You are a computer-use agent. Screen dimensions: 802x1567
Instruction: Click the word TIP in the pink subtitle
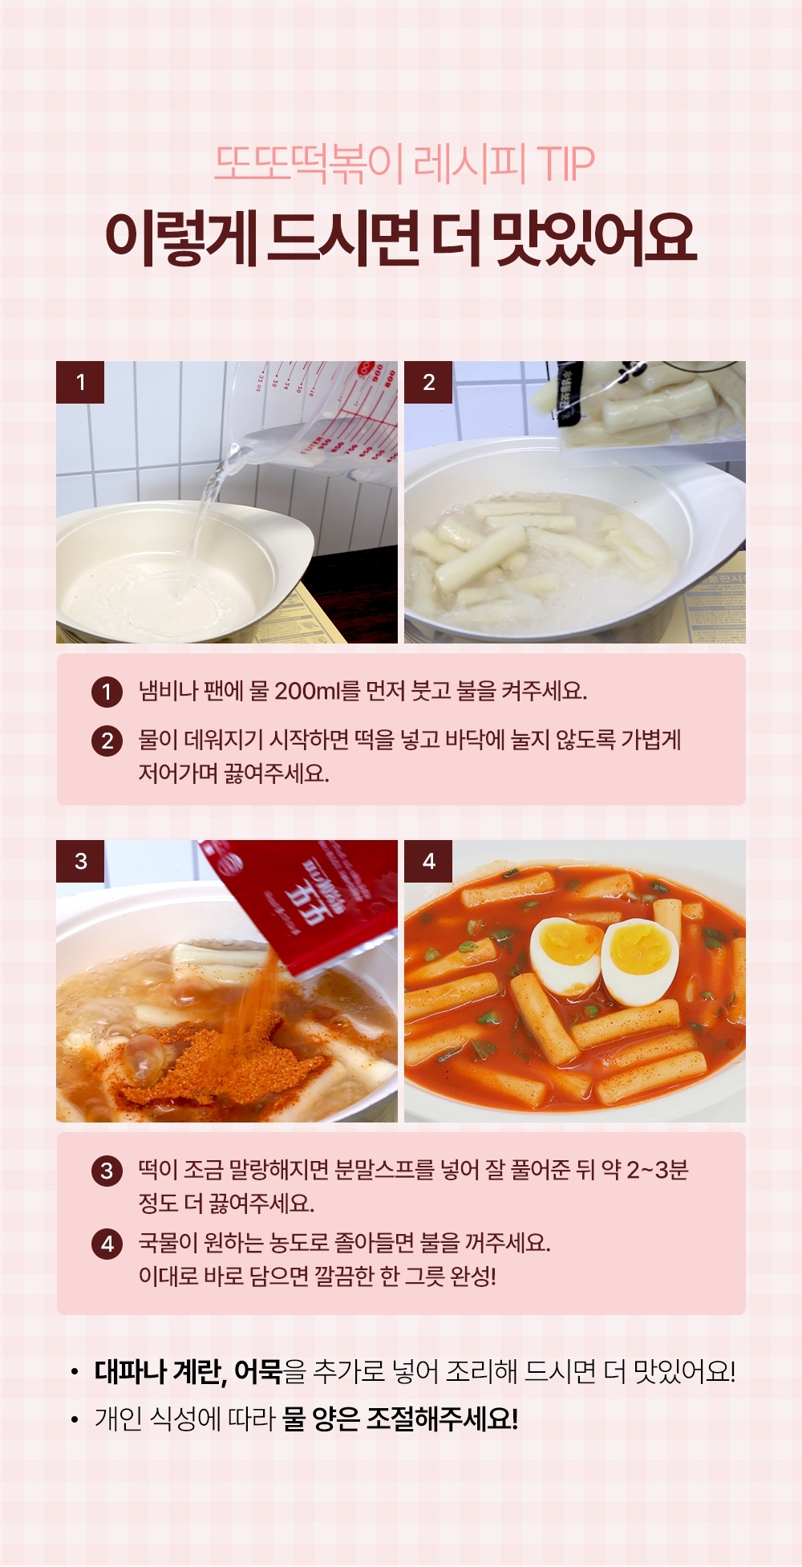[565, 164]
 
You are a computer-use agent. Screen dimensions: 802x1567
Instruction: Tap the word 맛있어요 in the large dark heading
[594, 238]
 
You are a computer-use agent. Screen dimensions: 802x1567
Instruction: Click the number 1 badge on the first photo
[80, 382]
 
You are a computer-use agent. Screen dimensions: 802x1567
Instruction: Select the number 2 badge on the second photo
[428, 382]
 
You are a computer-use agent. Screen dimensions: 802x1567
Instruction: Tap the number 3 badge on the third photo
[80, 861]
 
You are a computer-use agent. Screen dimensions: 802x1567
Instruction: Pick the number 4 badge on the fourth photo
[428, 861]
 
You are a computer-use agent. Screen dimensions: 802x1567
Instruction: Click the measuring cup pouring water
[317, 421]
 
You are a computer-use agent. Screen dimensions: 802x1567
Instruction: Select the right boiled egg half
[639, 961]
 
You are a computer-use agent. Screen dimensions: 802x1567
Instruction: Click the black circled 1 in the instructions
[107, 692]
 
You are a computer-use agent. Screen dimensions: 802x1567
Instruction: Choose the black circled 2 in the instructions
[107, 741]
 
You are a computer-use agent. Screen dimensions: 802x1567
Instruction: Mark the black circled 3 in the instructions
[107, 1171]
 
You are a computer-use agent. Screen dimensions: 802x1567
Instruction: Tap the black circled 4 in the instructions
[107, 1244]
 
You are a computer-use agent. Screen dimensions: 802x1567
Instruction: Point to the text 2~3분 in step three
[657, 1170]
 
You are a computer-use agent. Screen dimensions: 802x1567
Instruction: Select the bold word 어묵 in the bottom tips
[257, 1371]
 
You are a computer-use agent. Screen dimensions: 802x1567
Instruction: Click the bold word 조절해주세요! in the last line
[442, 1419]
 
